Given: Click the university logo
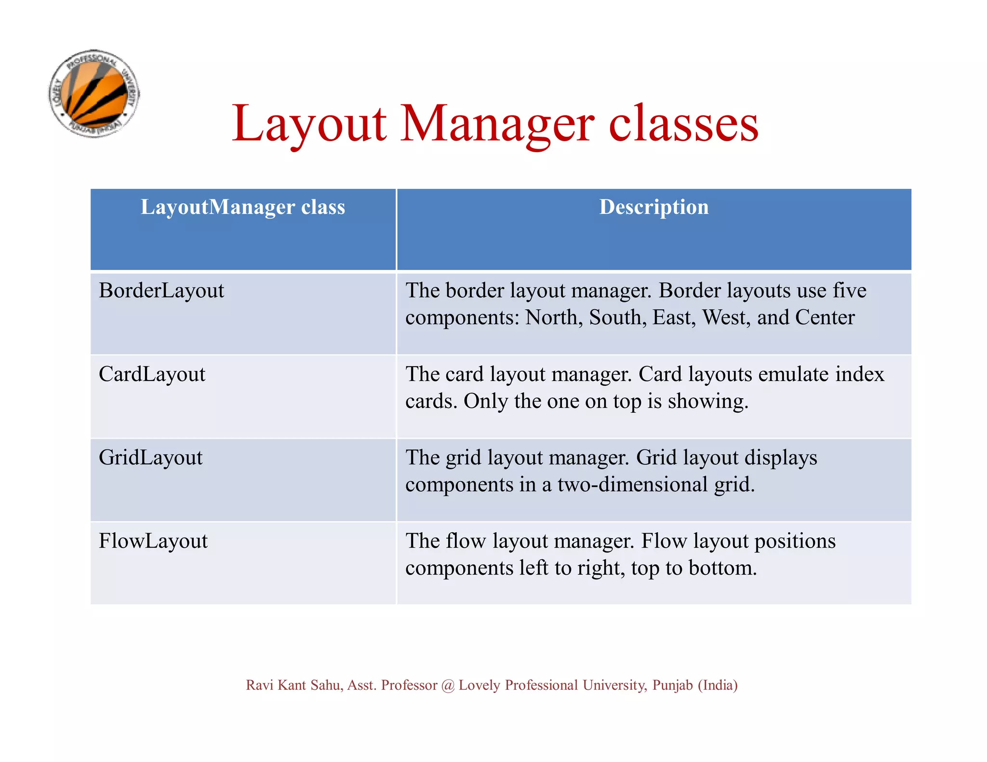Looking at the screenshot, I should tap(94, 93).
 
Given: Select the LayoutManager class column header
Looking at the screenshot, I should tap(243, 207).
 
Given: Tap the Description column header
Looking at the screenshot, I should tap(654, 207).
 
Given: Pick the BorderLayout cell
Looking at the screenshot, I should tap(161, 291).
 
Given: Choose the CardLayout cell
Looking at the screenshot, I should tap(152, 374).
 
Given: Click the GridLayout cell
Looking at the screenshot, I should tap(150, 458).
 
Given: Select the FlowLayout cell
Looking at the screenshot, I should tap(153, 541).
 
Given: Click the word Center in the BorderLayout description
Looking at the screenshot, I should tap(825, 318).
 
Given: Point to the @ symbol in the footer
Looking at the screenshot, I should tap(448, 685).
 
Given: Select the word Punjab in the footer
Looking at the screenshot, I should tap(672, 685).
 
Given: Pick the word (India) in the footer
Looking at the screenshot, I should tap(718, 685).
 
